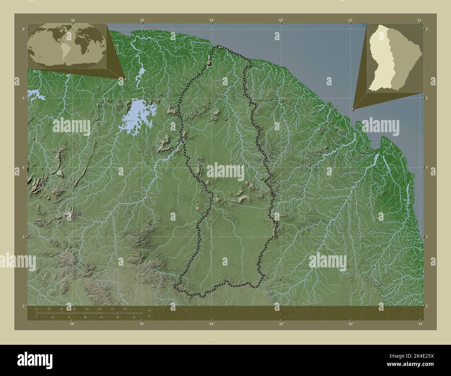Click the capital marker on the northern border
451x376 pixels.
[210, 63]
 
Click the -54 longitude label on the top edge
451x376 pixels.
[211, 20]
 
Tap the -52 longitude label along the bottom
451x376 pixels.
[351, 324]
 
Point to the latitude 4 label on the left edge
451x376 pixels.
[23, 168]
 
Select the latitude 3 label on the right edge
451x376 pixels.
[427, 237]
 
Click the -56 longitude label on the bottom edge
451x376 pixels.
[72, 324]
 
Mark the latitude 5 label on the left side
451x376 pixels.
[23, 98]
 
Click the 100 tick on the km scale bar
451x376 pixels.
[99, 309]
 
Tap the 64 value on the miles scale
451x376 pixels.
[101, 317]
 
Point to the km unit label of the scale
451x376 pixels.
[150, 310]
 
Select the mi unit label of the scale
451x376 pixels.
[149, 316]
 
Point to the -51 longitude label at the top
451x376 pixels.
[419, 20]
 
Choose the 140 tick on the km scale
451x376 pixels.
[124, 309]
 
